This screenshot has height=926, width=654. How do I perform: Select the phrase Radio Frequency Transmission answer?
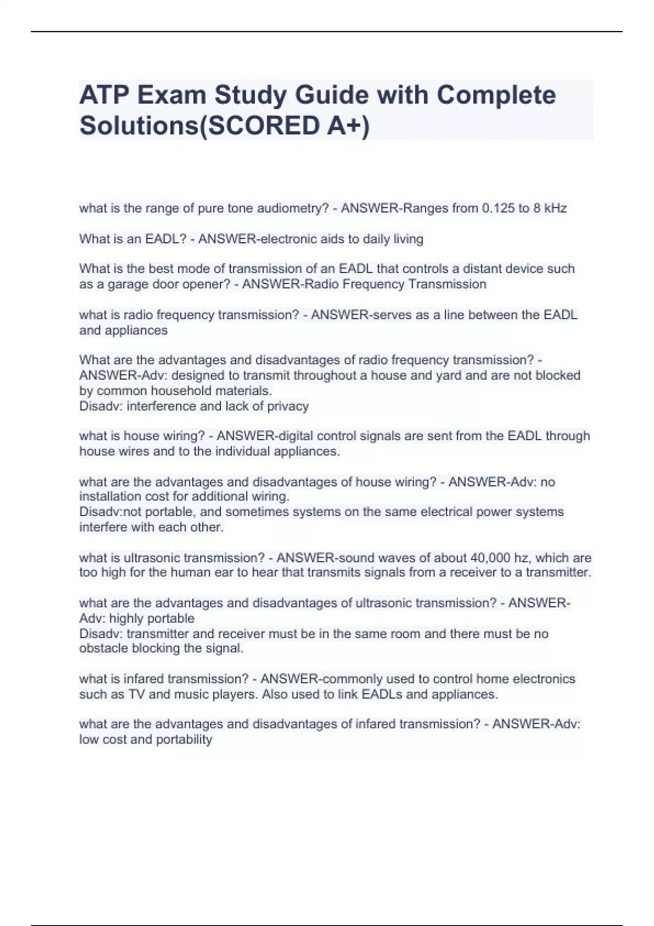[x=364, y=284]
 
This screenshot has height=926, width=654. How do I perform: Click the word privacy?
[x=287, y=406]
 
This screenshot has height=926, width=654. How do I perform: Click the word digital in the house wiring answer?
[x=296, y=436]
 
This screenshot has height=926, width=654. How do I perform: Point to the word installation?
[x=110, y=496]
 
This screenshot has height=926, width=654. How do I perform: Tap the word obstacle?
[x=102, y=648]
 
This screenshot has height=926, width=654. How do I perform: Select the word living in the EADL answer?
[x=408, y=239]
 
